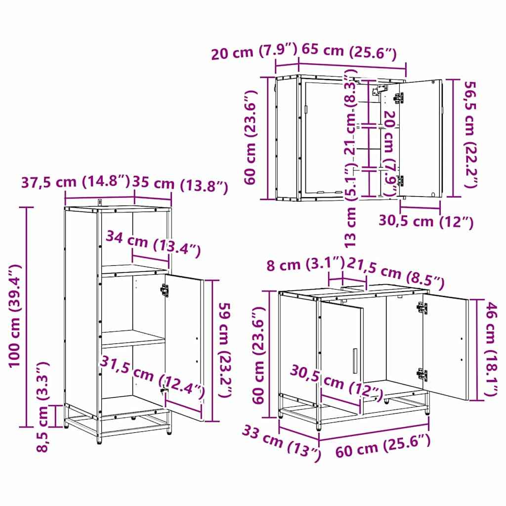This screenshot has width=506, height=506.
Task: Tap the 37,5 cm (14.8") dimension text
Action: (75, 182)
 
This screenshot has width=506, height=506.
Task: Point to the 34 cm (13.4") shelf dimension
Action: (153, 244)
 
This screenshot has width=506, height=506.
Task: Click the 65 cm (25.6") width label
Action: (349, 50)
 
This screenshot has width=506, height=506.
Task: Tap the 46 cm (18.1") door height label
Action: (490, 348)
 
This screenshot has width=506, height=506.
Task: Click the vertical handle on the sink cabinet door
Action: (354, 361)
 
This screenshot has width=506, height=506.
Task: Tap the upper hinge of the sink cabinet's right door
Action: (422, 308)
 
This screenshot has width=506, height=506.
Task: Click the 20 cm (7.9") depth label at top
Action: (253, 51)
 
